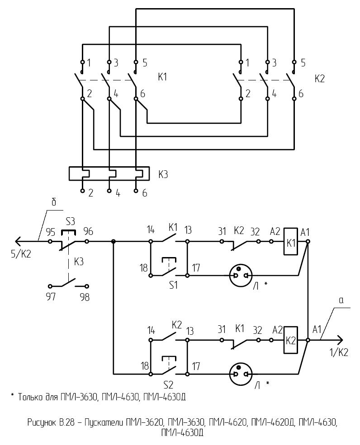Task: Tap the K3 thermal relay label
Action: point(163,173)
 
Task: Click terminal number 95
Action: point(50,232)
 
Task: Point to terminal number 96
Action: point(88,232)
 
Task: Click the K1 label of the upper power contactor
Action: point(162,77)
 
